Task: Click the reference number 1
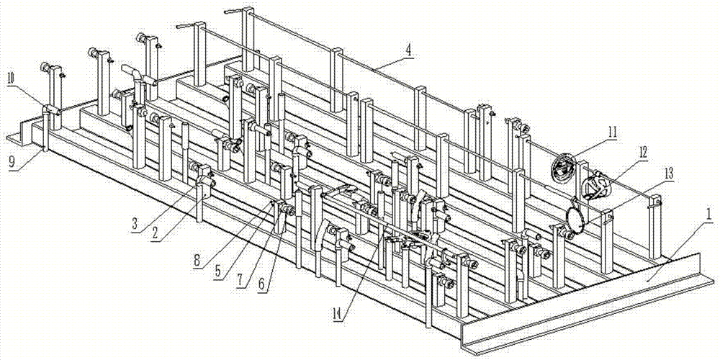(709, 215)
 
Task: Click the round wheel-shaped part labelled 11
(562, 169)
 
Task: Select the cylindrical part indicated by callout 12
(595, 188)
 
